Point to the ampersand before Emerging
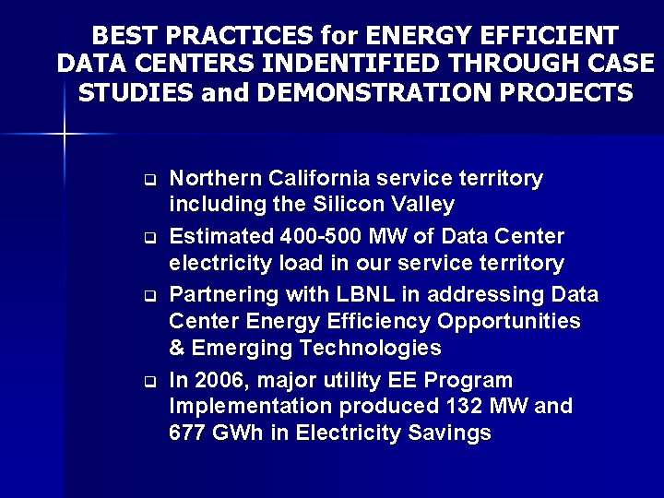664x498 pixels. click(x=177, y=348)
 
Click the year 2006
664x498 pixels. click(x=220, y=380)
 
